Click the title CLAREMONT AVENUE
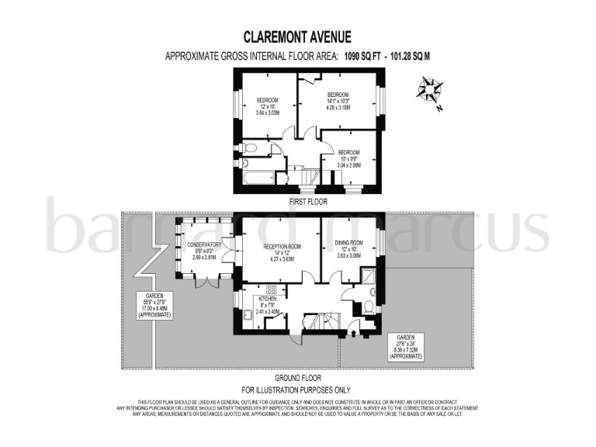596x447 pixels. click(x=297, y=36)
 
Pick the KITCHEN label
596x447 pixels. click(x=268, y=303)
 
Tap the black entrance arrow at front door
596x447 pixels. click(x=355, y=334)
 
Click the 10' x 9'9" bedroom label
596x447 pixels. click(x=348, y=158)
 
